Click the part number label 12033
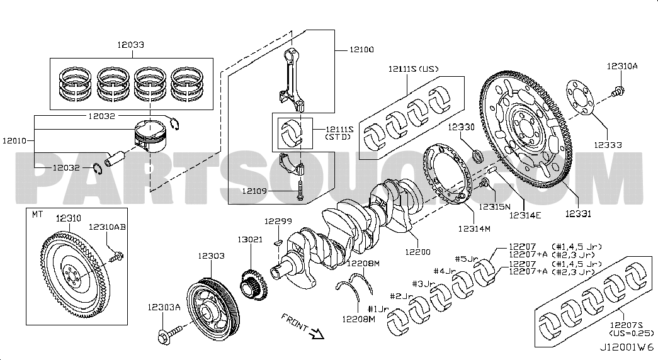[x=130, y=45]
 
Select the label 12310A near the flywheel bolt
[x=621, y=66]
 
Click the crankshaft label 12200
[x=417, y=252]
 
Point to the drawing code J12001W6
[x=627, y=347]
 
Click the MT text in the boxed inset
[x=38, y=215]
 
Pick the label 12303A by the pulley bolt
[x=164, y=307]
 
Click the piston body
[x=149, y=137]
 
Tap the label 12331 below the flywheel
[x=577, y=215]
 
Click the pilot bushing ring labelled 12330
[x=479, y=155]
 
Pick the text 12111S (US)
[x=412, y=69]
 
